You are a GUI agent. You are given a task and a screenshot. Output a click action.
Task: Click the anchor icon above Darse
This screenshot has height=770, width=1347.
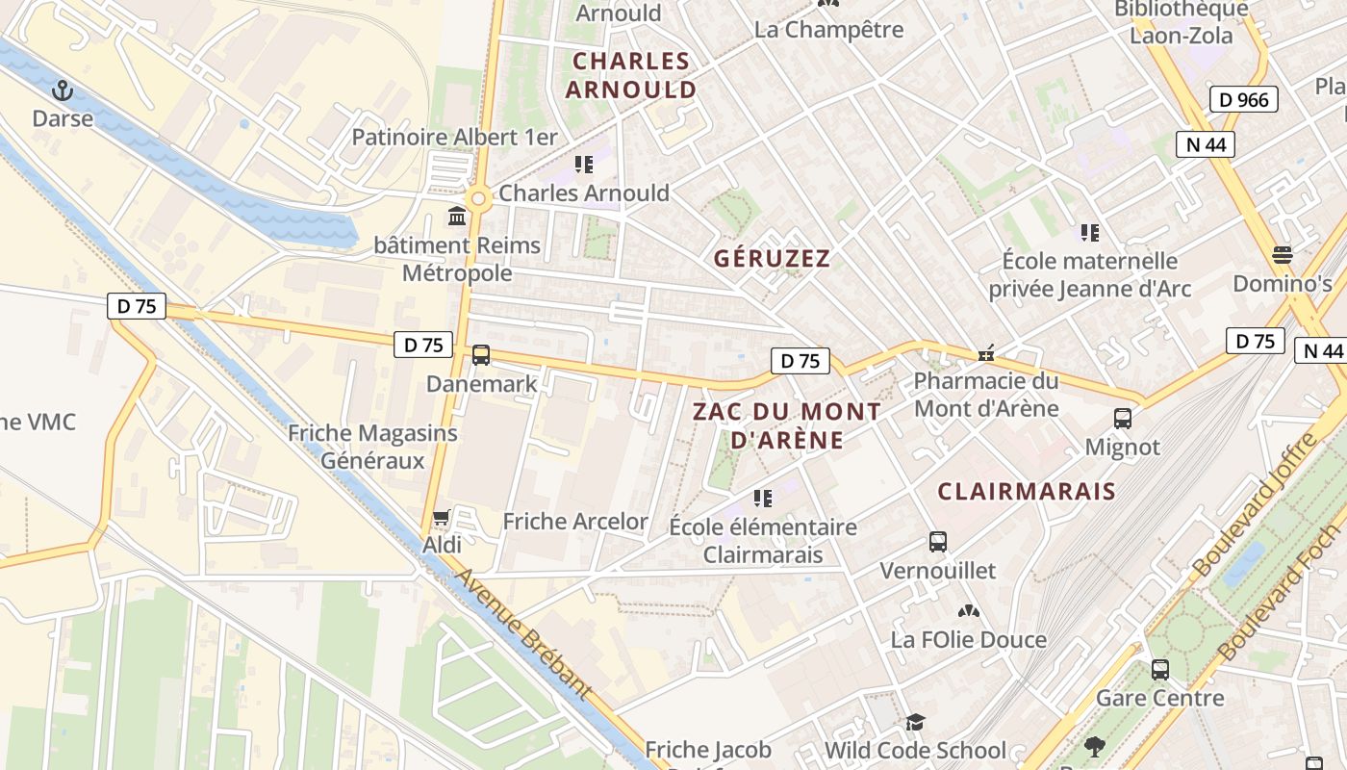tap(63, 90)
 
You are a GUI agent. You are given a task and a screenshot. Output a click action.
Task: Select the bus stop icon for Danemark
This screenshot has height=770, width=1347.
tap(481, 355)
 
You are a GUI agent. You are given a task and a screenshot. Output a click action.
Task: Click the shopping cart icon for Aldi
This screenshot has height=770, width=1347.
tap(442, 518)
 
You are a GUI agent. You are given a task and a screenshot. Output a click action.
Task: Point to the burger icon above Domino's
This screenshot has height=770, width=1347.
tap(1282, 255)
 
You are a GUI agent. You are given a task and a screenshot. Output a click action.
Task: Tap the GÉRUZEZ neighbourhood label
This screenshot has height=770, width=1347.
tap(772, 259)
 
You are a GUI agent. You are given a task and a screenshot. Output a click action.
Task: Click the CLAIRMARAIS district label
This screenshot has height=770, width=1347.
tap(1027, 492)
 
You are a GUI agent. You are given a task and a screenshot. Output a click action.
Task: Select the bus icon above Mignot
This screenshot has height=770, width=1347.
tap(1123, 419)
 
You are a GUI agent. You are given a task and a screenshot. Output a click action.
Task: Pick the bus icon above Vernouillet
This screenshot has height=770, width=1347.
tap(938, 542)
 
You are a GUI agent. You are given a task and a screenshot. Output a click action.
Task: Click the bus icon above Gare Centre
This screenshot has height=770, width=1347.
tap(1160, 669)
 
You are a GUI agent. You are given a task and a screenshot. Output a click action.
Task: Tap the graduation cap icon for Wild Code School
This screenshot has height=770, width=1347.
tap(915, 722)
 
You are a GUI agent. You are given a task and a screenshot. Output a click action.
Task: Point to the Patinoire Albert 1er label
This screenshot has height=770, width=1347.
tap(454, 137)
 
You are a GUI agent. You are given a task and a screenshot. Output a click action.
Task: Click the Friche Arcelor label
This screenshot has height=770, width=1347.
tap(575, 522)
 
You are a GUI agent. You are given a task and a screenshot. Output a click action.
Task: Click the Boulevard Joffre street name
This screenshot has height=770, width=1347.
tap(1254, 506)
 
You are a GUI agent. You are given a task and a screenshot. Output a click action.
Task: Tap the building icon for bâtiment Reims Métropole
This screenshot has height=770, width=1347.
tap(457, 217)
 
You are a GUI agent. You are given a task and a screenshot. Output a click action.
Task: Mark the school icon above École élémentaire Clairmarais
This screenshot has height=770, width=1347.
tap(763, 499)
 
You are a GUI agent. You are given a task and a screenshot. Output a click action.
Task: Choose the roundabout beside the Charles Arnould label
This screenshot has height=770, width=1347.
tap(477, 199)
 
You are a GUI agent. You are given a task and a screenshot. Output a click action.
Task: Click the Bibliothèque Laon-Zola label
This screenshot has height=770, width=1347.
tap(1182, 22)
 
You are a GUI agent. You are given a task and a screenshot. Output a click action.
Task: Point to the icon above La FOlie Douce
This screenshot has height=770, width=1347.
tap(968, 611)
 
